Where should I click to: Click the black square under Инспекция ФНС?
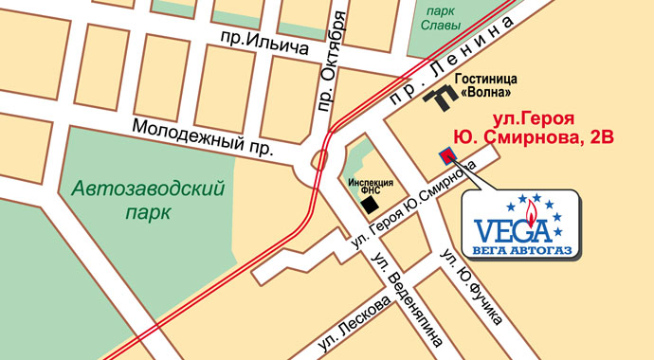click(x=372, y=205)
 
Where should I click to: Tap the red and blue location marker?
click(x=445, y=155)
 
